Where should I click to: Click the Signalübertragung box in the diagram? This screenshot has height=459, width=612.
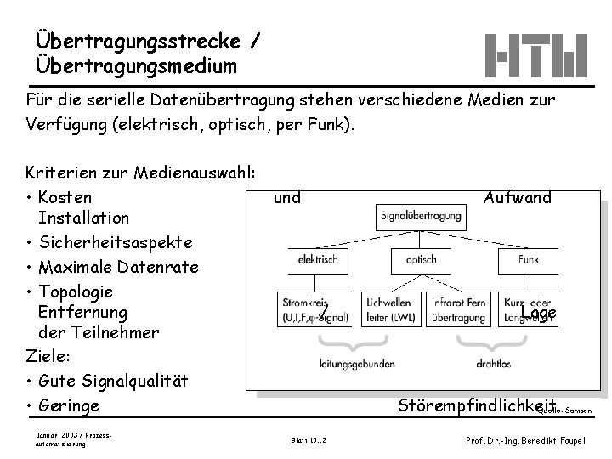point(422,217)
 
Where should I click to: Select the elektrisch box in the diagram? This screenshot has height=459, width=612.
point(318,260)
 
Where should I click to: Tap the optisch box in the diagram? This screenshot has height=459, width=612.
point(422,260)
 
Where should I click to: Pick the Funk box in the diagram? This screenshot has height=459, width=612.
point(528,260)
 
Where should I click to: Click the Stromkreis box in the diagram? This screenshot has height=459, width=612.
point(314,311)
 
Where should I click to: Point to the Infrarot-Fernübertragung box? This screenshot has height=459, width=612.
point(460,311)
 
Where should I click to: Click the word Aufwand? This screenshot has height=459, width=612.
point(517,198)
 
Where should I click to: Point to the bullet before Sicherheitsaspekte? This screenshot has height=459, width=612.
point(31,244)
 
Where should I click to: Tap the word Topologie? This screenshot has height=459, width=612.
point(76,292)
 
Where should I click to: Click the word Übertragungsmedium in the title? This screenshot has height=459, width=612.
point(137,65)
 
